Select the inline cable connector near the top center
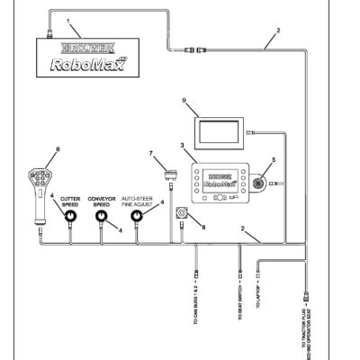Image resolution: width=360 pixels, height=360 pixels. pos(195,50)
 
